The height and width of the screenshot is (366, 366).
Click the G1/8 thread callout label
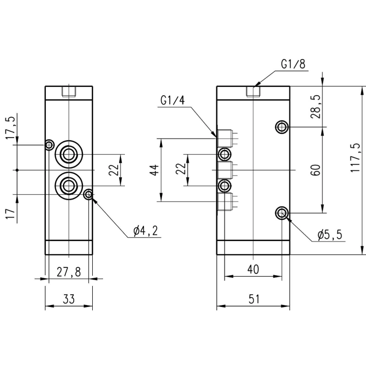[293, 64]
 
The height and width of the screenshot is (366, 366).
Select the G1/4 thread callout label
[172, 101]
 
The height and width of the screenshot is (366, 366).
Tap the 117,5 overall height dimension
[355, 158]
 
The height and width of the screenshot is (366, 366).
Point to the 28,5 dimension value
[317, 107]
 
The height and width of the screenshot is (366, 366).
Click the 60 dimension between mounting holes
[315, 170]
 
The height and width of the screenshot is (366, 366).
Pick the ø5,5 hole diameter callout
[329, 235]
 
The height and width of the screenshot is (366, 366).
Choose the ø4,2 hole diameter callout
[145, 231]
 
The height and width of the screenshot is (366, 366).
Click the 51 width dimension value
[254, 299]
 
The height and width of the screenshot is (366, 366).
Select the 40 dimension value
[253, 269]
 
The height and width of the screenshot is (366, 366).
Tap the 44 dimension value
[155, 170]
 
